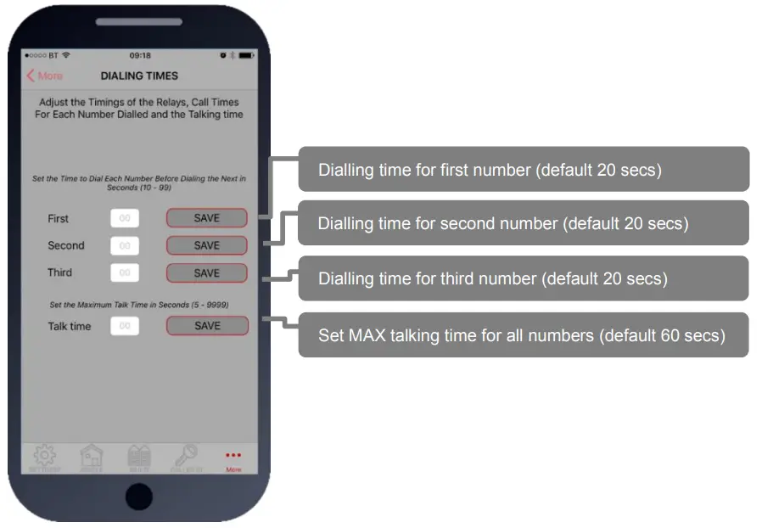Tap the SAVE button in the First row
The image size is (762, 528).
point(206,218)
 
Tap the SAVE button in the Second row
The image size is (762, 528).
point(206,245)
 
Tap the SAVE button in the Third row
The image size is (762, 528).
point(206,273)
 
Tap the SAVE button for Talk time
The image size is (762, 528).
point(207,326)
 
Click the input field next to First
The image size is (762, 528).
point(125,218)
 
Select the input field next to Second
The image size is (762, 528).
point(125,246)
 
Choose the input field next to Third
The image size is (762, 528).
point(125,273)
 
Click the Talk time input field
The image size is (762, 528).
point(125,326)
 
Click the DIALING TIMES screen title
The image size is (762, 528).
point(139,76)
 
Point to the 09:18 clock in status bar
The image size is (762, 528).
point(140,55)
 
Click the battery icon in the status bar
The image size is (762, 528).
point(246,55)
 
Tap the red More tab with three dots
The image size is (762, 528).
point(233,459)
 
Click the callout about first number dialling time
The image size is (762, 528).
point(524,170)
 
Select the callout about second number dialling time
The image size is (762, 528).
point(524,224)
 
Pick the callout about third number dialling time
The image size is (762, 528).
point(524,278)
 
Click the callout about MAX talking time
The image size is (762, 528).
point(524,335)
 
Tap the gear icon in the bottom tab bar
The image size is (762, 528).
point(45,457)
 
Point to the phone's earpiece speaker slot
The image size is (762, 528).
point(139,22)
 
